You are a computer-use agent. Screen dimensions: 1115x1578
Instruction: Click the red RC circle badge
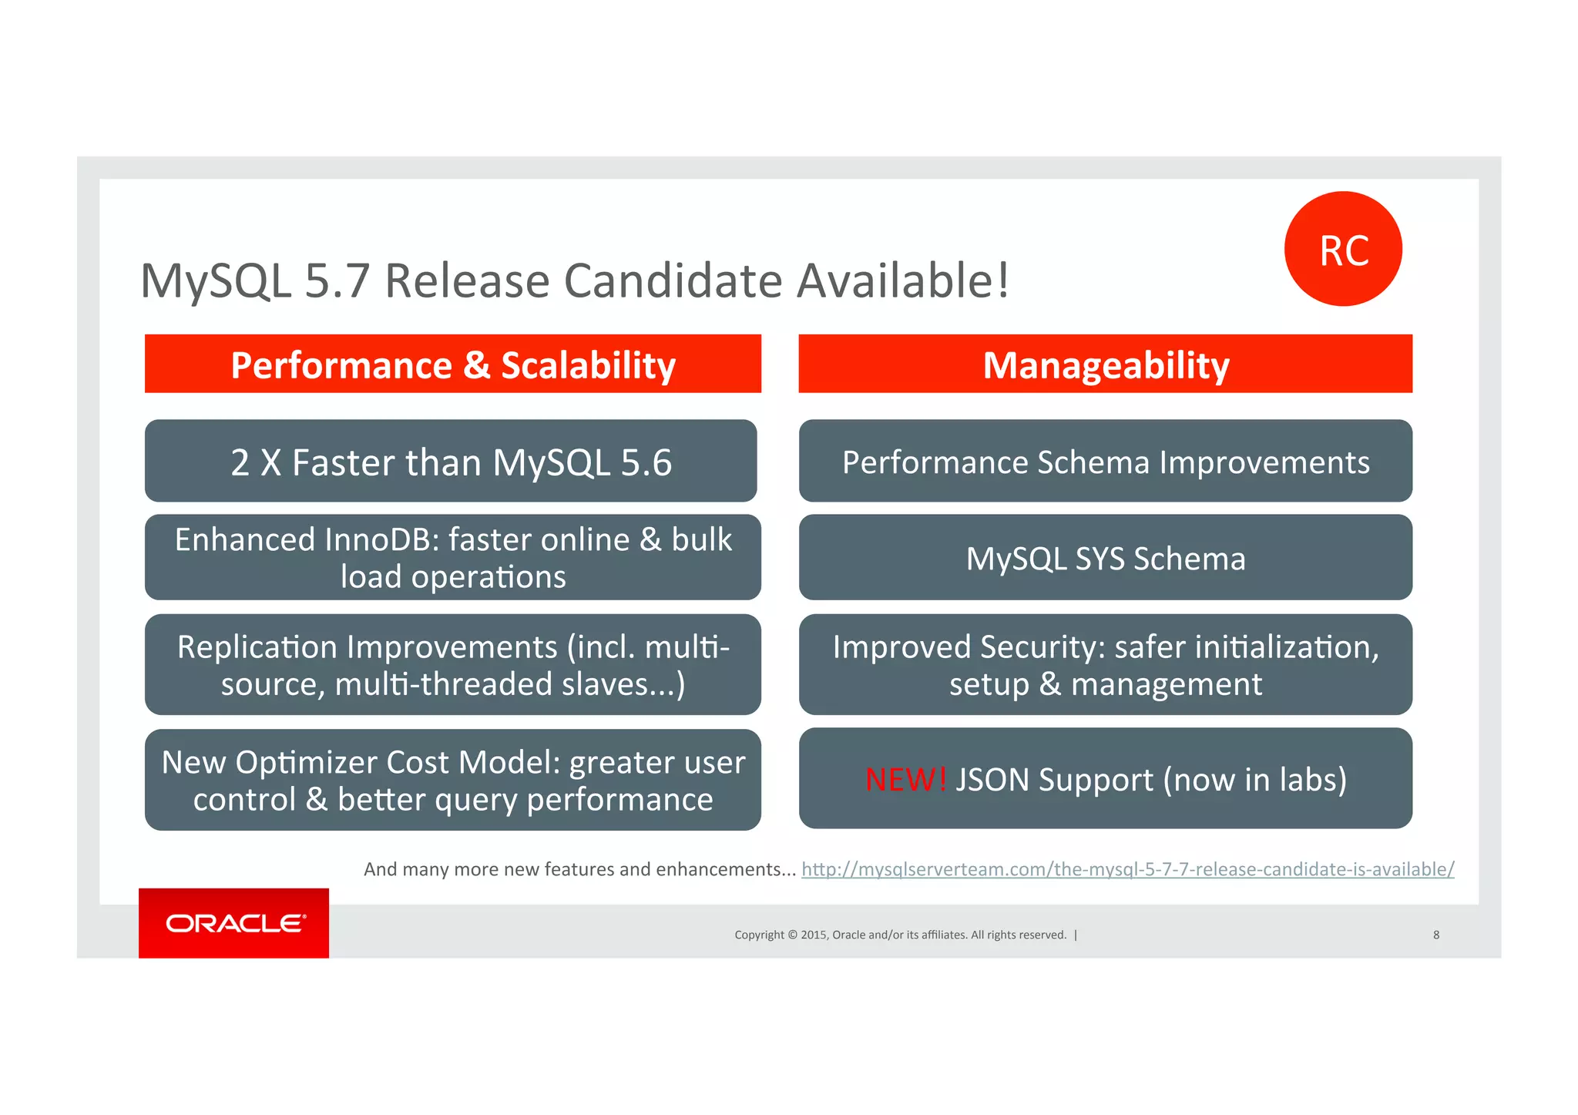coord(1343,249)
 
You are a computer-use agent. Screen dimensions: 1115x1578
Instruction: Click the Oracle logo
coord(234,922)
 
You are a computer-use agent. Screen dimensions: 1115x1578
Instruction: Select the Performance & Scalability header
coord(453,364)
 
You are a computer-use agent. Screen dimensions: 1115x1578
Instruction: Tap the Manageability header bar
coord(1105,364)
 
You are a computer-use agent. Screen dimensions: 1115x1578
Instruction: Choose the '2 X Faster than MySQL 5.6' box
coord(451,462)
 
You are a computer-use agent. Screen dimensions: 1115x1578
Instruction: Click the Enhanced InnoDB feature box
coord(453,557)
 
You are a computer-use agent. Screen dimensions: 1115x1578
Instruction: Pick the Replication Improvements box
coord(453,664)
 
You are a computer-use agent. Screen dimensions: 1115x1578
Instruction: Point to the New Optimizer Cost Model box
coord(453,780)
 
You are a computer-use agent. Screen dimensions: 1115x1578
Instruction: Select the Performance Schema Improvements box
coord(1105,462)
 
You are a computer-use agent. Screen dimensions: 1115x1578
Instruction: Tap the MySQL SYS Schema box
coord(1105,558)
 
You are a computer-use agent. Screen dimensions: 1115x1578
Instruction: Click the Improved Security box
coord(1105,664)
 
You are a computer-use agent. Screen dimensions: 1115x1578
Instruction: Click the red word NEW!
coord(905,780)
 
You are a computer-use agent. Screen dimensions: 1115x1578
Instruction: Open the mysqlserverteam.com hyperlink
coord(1127,869)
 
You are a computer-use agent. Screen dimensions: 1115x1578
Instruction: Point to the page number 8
coord(1436,935)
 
